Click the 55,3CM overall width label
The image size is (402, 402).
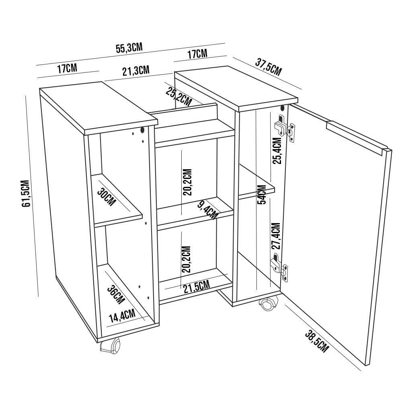(129, 48)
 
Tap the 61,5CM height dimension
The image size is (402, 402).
(26, 193)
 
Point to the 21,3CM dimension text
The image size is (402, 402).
(136, 71)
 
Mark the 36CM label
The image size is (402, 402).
(116, 295)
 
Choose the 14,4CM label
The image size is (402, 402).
(122, 316)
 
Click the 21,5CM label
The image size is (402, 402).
(197, 287)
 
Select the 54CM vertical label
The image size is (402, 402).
(262, 195)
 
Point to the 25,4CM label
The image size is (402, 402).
(277, 151)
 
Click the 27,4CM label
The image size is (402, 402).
(276, 236)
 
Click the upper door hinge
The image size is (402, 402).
(285, 128)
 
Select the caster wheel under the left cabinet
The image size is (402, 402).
(111, 347)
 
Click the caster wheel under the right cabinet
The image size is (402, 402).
(269, 304)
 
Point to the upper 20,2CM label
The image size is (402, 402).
(187, 182)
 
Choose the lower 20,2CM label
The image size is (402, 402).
(187, 259)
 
